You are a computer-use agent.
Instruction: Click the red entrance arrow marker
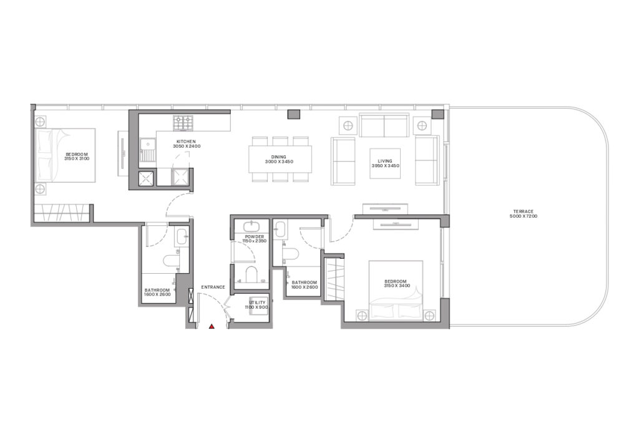pyautogui.click(x=212, y=325)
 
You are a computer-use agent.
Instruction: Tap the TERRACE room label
pyautogui.click(x=522, y=211)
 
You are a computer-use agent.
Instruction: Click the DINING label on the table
pyautogui.click(x=278, y=157)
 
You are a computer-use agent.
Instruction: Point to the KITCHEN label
pyautogui.click(x=187, y=142)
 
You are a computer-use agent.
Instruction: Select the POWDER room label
pyautogui.click(x=253, y=237)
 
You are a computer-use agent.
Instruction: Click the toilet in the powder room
pyautogui.click(x=252, y=274)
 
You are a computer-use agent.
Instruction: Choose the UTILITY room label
pyautogui.click(x=257, y=302)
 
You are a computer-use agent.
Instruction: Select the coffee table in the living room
pyautogui.click(x=384, y=163)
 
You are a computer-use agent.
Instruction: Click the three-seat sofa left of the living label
pyautogui.click(x=343, y=161)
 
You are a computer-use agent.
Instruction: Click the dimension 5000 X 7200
pyautogui.click(x=522, y=216)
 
